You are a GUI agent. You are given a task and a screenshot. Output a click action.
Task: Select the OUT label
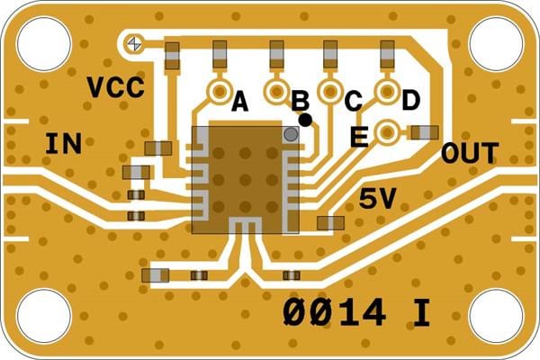(x=469, y=154)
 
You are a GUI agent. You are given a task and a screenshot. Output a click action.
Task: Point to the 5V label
(x=377, y=199)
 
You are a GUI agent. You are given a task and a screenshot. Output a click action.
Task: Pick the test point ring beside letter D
(x=388, y=92)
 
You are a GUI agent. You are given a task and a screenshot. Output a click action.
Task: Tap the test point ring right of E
(x=388, y=132)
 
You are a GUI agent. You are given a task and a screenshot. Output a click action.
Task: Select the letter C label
(x=353, y=101)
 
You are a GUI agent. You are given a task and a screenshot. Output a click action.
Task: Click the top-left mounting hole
(x=44, y=44)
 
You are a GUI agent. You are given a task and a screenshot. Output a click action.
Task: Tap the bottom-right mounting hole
(x=496, y=316)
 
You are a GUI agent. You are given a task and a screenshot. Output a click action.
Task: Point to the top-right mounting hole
(x=496, y=44)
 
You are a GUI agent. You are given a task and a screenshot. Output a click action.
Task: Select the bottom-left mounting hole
(x=44, y=316)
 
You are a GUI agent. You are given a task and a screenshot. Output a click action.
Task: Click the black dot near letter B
(x=306, y=119)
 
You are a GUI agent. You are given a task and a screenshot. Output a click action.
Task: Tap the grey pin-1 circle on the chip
(x=291, y=134)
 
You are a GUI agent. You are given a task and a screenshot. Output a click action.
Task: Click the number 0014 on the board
(x=335, y=311)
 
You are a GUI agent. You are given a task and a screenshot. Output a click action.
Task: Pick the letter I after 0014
(x=420, y=311)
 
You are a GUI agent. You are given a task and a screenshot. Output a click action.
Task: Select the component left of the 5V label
(x=330, y=222)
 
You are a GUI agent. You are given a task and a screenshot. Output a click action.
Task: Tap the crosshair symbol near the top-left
(x=135, y=42)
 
